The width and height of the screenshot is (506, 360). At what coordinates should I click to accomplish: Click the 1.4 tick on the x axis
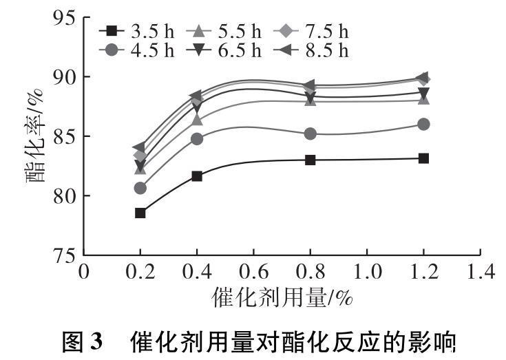[480, 271]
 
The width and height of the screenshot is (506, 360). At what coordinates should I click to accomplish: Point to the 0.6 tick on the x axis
[253, 271]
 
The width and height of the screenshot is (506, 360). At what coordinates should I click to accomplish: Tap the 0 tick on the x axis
[85, 271]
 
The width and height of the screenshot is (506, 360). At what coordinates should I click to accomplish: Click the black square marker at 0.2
[140, 213]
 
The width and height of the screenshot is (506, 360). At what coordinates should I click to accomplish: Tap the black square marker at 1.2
[423, 158]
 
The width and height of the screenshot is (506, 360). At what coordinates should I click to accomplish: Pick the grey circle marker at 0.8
[310, 134]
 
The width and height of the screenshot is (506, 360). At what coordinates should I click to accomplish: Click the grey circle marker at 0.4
[197, 138]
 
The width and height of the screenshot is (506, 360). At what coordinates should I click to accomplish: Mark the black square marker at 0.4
[197, 176]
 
